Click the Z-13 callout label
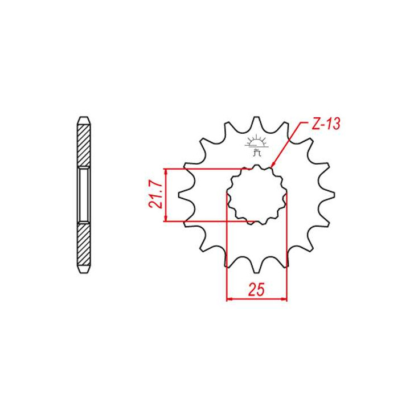pyautogui.click(x=326, y=124)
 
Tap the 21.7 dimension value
pyautogui.click(x=155, y=195)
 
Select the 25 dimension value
pyautogui.click(x=256, y=289)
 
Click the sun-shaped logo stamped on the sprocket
pyautogui.click(x=256, y=145)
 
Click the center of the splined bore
pyautogui.click(x=256, y=195)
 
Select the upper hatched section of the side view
pyautogui.click(x=84, y=145)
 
